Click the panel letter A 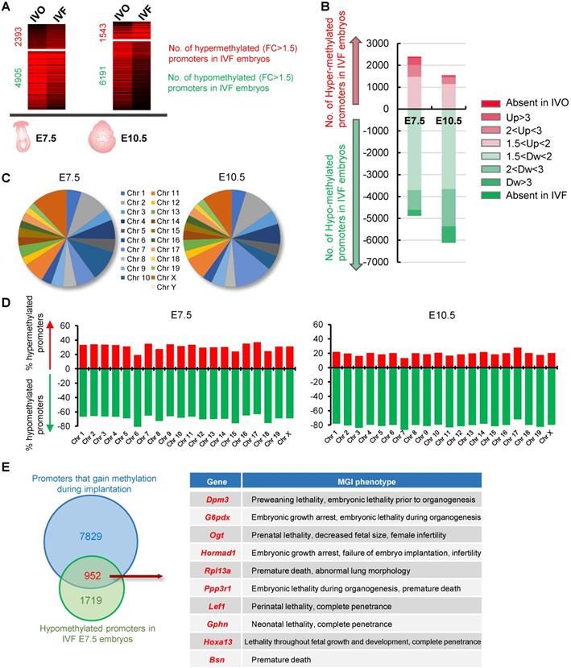coord(10,9)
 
